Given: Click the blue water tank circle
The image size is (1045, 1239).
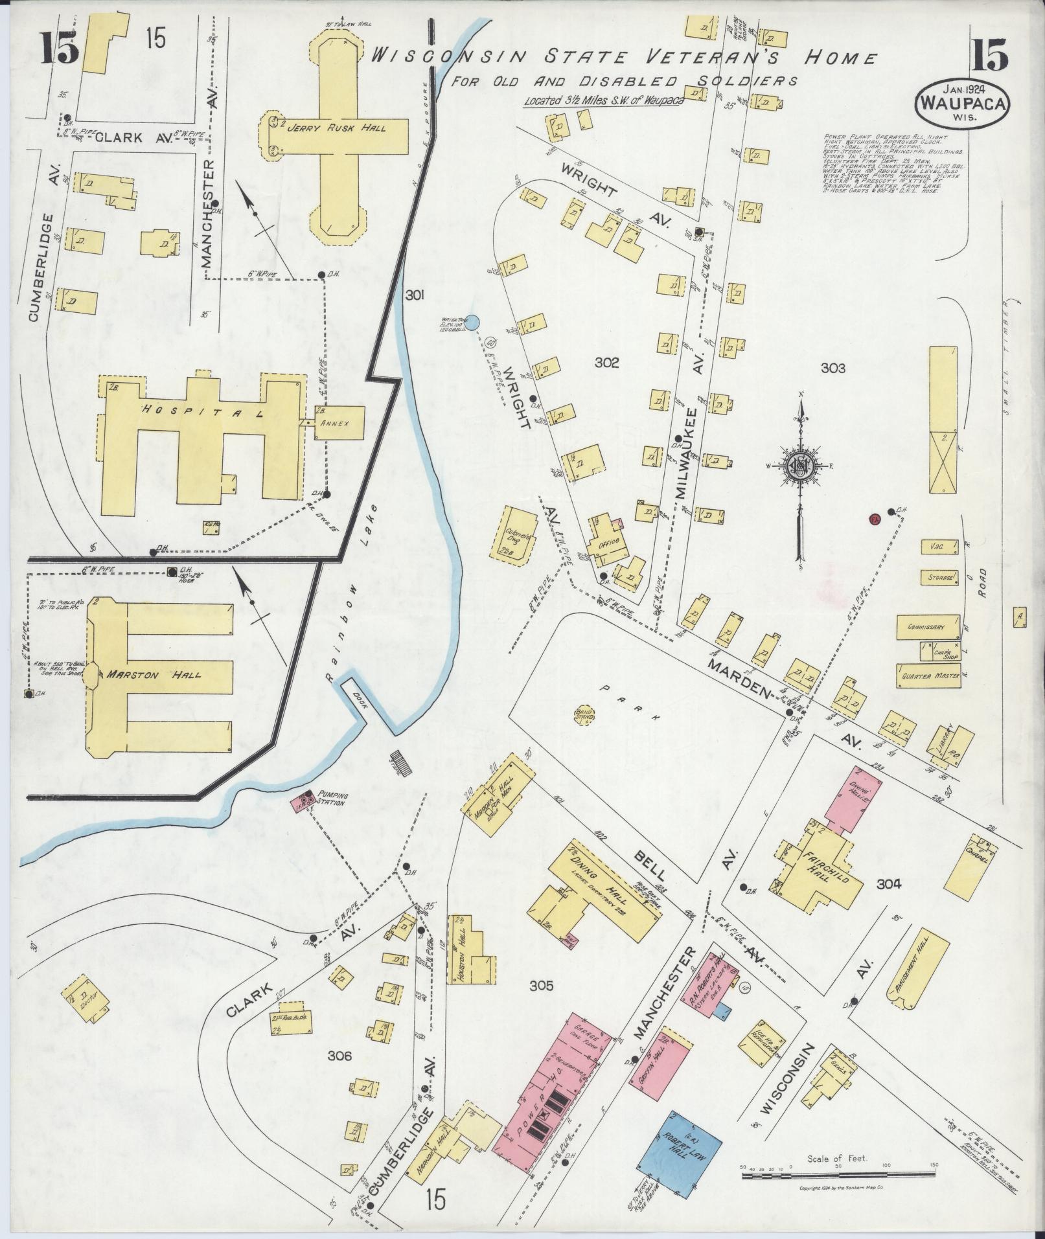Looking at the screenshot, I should [473, 321].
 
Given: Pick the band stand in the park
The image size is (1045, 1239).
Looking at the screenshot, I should [585, 714].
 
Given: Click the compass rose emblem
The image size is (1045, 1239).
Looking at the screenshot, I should [801, 465].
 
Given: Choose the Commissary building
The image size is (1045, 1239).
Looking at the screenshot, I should [927, 627].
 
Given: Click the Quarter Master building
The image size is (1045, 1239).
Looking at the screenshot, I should [928, 676].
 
